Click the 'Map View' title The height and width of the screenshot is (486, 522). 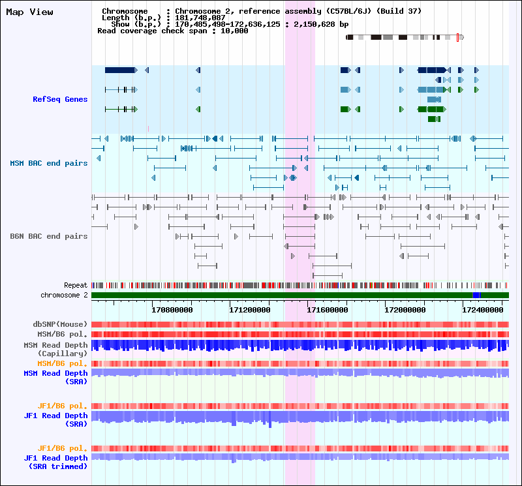coord(29,12)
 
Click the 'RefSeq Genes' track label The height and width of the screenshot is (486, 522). coord(60,99)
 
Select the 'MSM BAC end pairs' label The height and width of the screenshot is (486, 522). coord(48,163)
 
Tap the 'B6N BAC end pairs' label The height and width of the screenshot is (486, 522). coord(48,236)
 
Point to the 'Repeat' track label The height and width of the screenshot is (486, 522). coord(76,285)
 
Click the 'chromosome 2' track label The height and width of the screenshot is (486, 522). coord(64,295)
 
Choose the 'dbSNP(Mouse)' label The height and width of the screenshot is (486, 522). coord(60,324)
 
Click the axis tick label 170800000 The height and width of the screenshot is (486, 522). coord(172,310)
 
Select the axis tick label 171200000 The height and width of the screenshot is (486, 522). coord(250,310)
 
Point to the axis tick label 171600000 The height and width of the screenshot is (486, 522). coord(328,310)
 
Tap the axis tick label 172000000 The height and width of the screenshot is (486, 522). coord(405,310)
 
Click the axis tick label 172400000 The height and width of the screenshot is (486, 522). coord(482,310)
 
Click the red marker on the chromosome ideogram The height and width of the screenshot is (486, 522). coord(458,37)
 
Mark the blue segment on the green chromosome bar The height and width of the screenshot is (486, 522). coord(476,295)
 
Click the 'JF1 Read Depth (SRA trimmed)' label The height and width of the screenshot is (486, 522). coord(55,462)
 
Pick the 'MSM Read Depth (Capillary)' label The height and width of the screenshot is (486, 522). coord(55,349)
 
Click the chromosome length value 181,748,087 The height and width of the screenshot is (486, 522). coord(200,18)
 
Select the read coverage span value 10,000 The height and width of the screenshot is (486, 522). coord(234,31)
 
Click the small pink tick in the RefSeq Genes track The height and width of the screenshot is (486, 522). coord(148,129)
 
